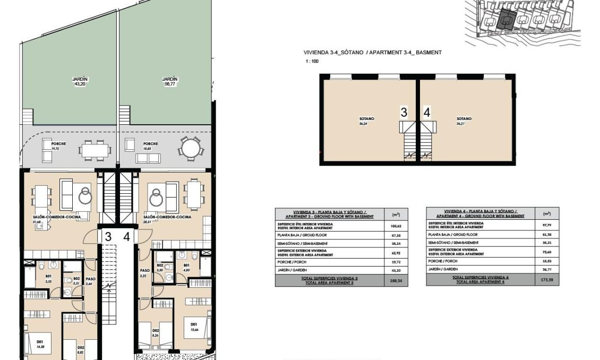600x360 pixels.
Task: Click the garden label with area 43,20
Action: pos(80,81)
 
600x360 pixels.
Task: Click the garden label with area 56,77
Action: pos(169,81)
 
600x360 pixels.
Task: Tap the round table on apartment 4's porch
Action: pos(190,147)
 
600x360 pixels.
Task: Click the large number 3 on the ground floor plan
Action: pos(108,237)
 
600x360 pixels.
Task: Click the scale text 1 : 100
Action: pos(312,62)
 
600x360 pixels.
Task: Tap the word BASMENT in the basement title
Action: pos(428,53)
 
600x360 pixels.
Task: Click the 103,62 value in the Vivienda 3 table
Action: pos(396,226)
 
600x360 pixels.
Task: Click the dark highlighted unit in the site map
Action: pos(505,20)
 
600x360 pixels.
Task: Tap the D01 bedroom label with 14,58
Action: pos(40,344)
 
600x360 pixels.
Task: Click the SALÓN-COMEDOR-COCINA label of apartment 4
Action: pos(167,217)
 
